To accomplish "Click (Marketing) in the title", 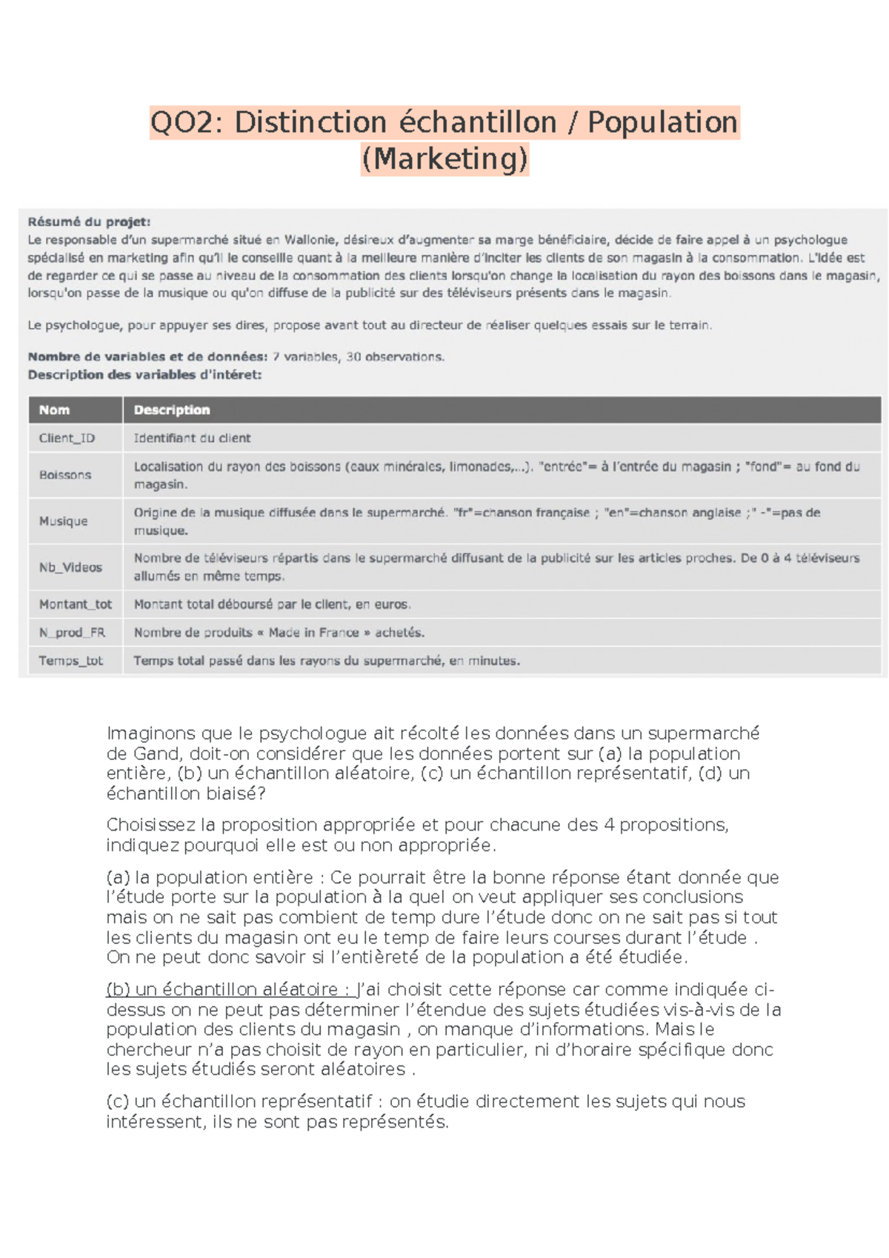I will tap(444, 159).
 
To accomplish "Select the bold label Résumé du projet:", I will tap(89, 222).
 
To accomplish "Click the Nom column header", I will tap(54, 410).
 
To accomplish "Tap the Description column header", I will tap(172, 410).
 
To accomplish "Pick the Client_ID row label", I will tap(67, 438).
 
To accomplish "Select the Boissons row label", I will tap(65, 475).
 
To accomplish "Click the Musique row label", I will tap(63, 521).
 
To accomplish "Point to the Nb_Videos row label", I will tap(70, 568).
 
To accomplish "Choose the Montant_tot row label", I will tap(75, 605).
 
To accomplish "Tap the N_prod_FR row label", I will tap(72, 633).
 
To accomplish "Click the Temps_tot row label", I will tap(70, 661).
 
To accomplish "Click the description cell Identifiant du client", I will tap(192, 438).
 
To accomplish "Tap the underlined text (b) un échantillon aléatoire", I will tap(222, 990).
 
